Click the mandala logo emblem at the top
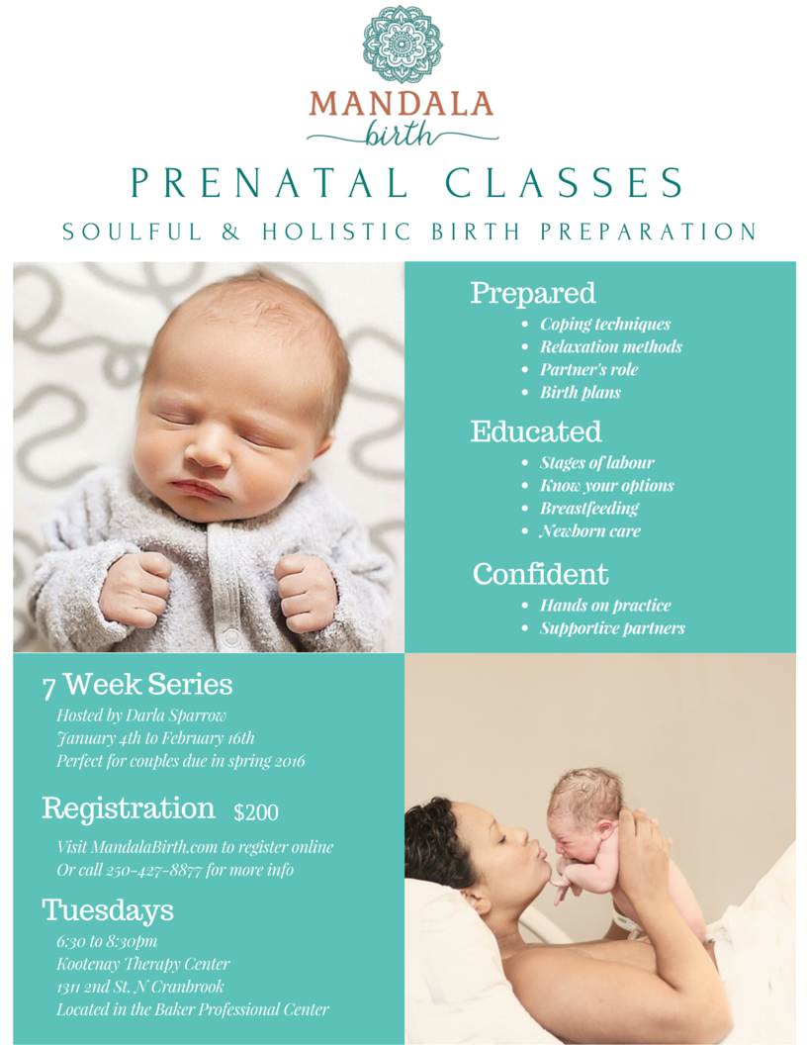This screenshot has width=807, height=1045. coord(403,44)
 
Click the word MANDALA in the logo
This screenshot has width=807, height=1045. coord(401,104)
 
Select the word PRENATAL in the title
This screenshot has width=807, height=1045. coord(270,182)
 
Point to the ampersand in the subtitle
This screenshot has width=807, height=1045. coord(230,232)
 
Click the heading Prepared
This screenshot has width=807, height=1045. coord(533,293)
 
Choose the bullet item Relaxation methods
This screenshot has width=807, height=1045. coord(610,346)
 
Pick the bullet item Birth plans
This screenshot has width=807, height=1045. coord(580,393)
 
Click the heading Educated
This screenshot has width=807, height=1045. coord(536,431)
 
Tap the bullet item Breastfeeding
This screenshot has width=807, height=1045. coord(589,509)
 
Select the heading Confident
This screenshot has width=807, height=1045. coord(541,574)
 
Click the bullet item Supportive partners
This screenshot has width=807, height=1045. coord(612,628)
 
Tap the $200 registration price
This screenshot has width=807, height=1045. coord(256,812)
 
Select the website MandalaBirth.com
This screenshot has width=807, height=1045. coord(154,847)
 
